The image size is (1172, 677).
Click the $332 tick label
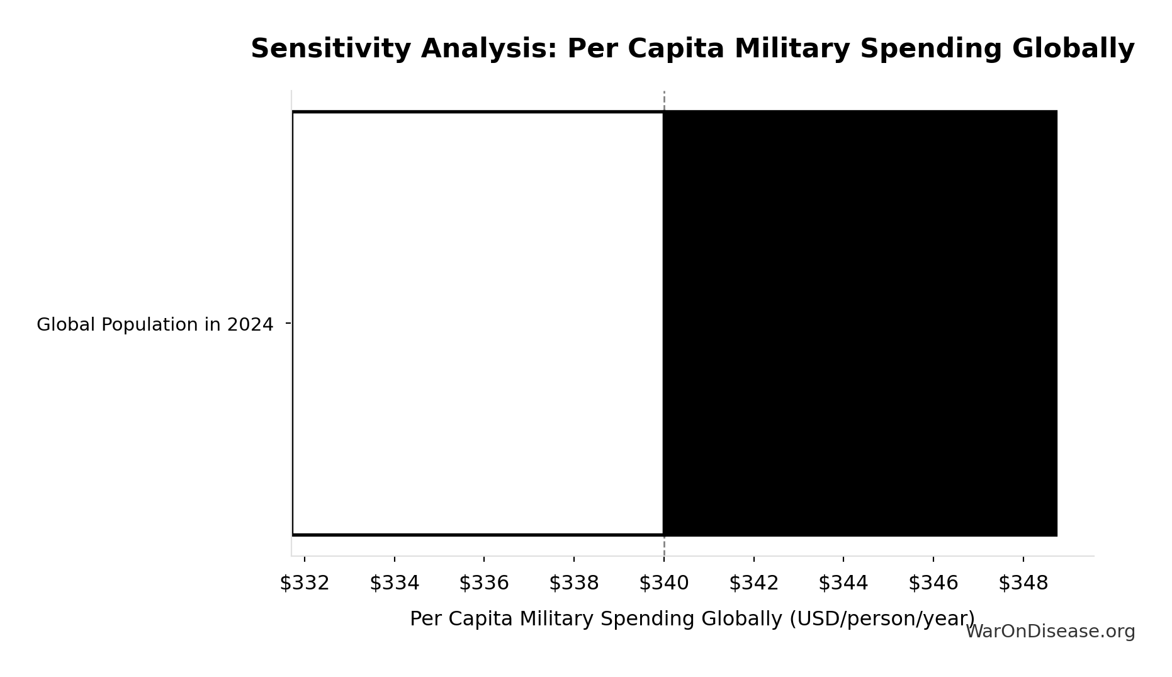(305, 583)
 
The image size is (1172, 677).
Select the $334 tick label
(395, 583)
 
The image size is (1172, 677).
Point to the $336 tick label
(484, 583)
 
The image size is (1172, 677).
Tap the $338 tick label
(574, 583)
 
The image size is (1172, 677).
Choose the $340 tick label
(664, 583)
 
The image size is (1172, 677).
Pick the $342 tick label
(754, 583)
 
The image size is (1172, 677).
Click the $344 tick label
(843, 583)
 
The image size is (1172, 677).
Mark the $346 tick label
(933, 583)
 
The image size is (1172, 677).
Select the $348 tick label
(1023, 583)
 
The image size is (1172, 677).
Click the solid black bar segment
(860, 323)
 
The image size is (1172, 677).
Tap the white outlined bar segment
(478, 323)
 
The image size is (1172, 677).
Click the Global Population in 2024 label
(155, 325)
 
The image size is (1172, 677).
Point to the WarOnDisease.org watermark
(1050, 632)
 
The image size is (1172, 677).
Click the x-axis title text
(692, 619)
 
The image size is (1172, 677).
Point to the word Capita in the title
(676, 49)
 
